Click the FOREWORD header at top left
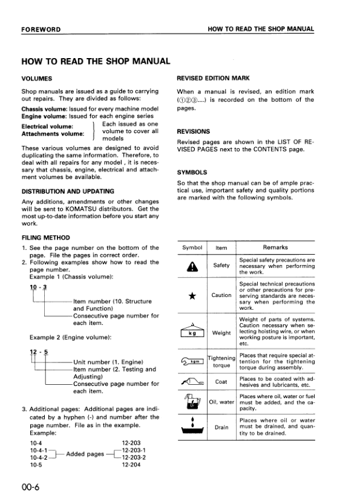coord(41,29)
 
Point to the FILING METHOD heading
coord(45,238)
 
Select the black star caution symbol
coord(192,295)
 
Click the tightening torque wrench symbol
coord(192,362)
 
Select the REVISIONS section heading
coord(193,131)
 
